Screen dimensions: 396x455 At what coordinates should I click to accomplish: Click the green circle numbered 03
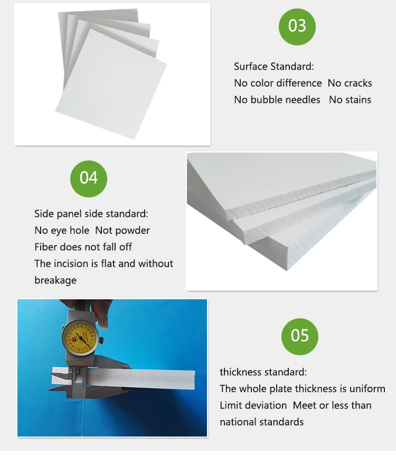[297, 27]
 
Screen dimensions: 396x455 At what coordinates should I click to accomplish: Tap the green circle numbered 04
[89, 179]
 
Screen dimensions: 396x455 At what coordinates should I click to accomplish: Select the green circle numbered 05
[299, 337]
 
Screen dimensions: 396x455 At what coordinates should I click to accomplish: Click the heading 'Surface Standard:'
[274, 67]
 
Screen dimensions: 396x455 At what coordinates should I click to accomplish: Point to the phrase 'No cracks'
[350, 83]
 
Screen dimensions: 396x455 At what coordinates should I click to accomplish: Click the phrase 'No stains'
[350, 100]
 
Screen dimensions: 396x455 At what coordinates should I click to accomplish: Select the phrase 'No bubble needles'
[277, 100]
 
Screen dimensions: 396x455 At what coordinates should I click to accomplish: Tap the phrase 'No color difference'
[278, 83]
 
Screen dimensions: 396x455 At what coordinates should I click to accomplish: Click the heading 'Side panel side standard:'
[91, 214]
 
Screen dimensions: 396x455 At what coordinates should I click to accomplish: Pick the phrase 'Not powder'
[122, 230]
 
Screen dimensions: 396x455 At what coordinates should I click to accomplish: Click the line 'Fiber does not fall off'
[83, 247]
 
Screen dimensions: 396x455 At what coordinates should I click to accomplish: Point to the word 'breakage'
[55, 280]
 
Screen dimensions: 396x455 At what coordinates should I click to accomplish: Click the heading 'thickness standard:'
[263, 372]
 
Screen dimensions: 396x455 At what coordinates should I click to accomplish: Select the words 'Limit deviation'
[253, 405]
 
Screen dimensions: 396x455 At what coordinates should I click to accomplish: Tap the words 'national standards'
[261, 422]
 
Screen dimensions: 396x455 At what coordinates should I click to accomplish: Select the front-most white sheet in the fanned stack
[111, 84]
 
